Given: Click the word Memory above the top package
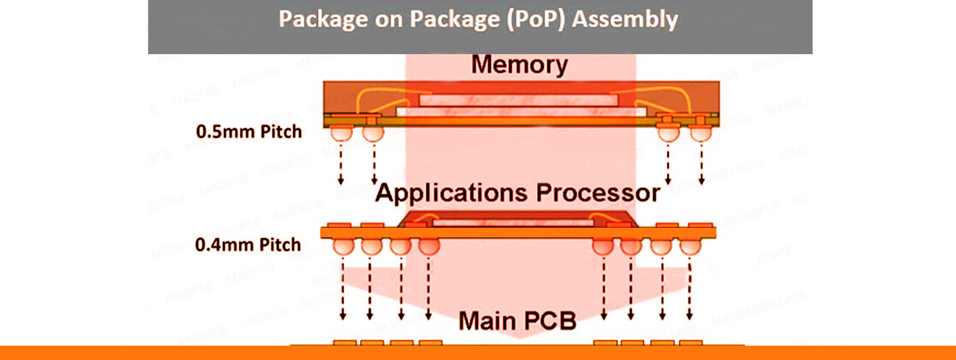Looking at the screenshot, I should pyautogui.click(x=519, y=65).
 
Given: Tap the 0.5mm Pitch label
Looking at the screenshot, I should pyautogui.click(x=249, y=131).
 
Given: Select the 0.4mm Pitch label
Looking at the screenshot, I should pyautogui.click(x=249, y=245).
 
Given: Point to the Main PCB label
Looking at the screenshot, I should pyautogui.click(x=519, y=323).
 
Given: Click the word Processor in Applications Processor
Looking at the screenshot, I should pyautogui.click(x=590, y=193).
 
